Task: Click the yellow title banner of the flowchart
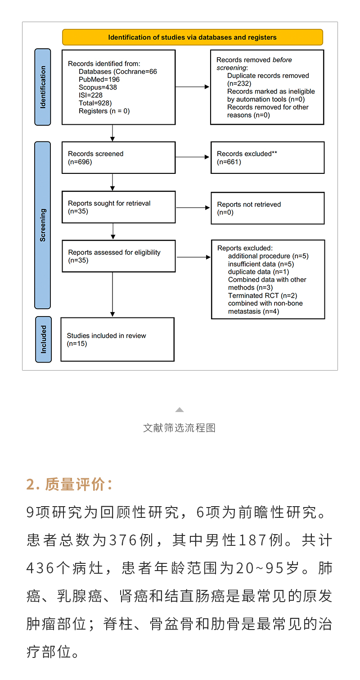click(192, 37)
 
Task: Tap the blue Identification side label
click(43, 87)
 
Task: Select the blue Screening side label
click(43, 225)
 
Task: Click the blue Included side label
click(44, 339)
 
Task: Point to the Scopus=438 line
click(98, 87)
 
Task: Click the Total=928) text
click(95, 103)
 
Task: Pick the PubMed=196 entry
click(99, 79)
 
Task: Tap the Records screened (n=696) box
click(118, 158)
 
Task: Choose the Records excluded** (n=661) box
click(267, 158)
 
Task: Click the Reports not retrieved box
click(267, 208)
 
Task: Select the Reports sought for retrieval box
click(118, 207)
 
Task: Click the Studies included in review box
click(117, 340)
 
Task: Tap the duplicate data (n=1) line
click(258, 272)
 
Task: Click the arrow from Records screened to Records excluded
click(193, 157)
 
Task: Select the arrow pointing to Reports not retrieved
click(193, 208)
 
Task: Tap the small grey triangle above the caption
click(180, 410)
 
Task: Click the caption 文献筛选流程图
click(180, 428)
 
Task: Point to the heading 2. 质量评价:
click(69, 485)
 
